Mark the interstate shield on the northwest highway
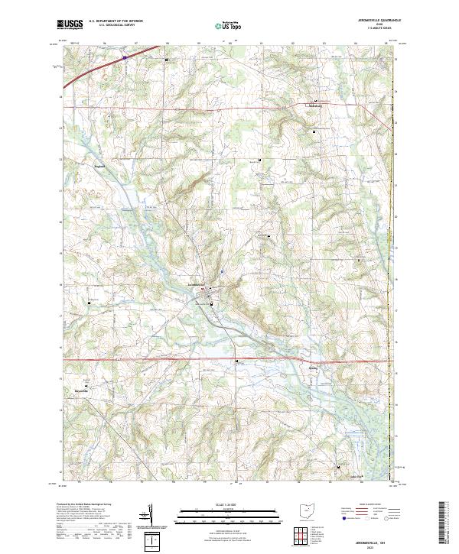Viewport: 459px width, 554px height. click(x=125, y=56)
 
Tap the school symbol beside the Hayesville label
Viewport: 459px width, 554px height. click(x=86, y=385)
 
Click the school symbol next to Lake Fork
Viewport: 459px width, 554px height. click(x=340, y=466)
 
